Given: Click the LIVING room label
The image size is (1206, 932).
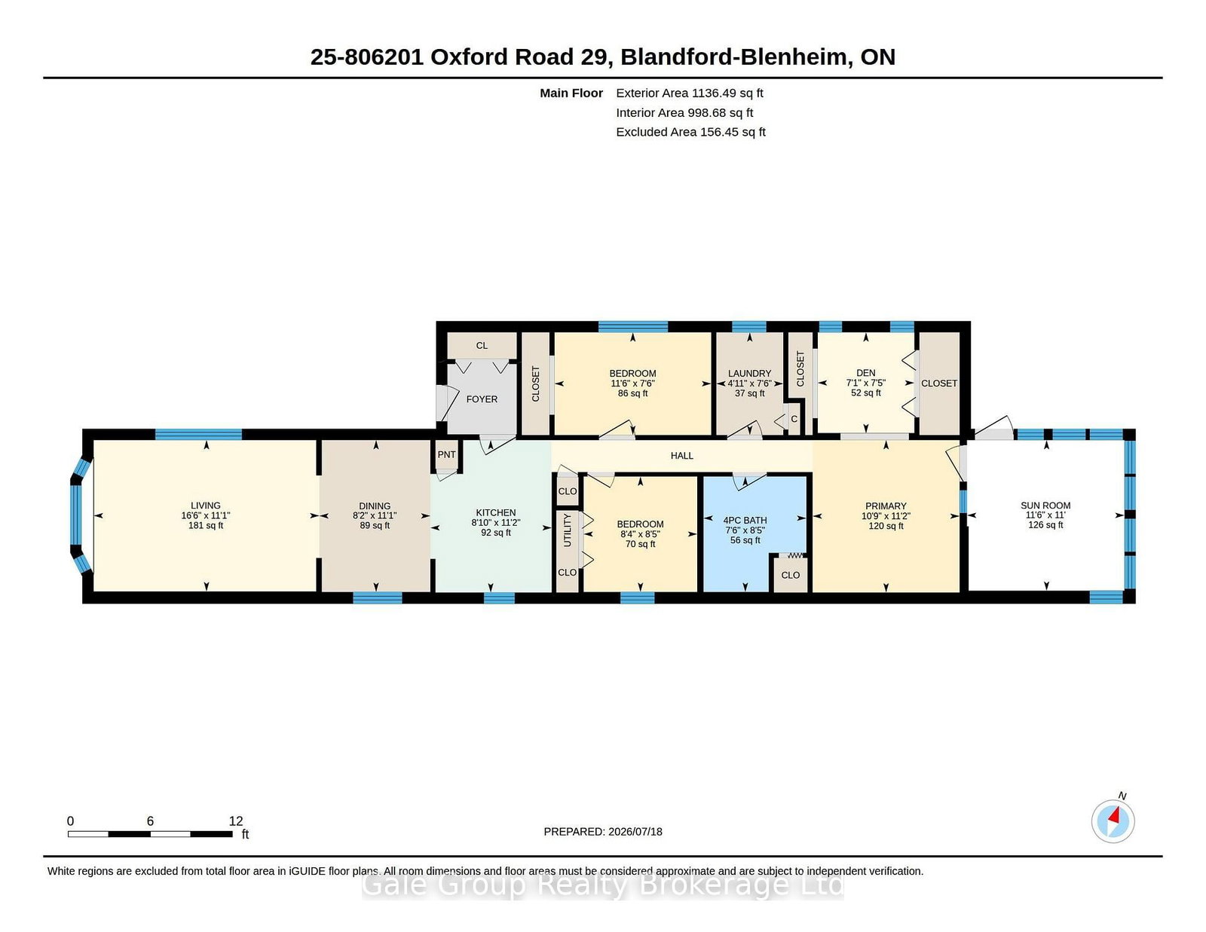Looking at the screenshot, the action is [205, 506].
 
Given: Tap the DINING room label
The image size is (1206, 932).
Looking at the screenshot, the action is [375, 506].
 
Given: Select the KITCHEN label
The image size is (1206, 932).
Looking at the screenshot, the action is [496, 512].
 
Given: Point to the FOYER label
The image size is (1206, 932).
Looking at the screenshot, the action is [482, 399].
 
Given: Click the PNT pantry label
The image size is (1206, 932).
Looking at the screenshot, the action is [446, 454].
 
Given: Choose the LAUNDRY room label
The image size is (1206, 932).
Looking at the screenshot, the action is [749, 374].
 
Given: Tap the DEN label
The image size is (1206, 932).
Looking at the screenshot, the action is [866, 373].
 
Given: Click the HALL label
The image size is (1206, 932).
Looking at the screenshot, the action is [681, 456].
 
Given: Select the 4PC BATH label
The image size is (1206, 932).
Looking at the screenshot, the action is [745, 521].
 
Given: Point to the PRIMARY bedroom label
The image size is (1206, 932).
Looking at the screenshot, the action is [886, 506].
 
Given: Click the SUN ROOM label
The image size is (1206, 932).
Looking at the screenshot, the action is [1045, 506].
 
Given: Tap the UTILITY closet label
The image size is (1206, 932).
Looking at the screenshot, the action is [568, 530].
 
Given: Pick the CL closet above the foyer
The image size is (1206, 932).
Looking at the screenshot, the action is [482, 346].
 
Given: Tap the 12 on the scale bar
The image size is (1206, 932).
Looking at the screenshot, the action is [236, 821].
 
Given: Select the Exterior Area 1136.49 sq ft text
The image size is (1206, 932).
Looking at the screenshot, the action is [689, 93].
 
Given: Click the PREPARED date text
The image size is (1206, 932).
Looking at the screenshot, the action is [603, 832].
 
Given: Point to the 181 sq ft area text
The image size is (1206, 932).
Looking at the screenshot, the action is [205, 525].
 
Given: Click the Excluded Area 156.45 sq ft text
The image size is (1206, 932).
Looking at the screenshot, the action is [690, 132].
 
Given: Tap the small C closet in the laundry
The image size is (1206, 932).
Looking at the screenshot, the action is [794, 419].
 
